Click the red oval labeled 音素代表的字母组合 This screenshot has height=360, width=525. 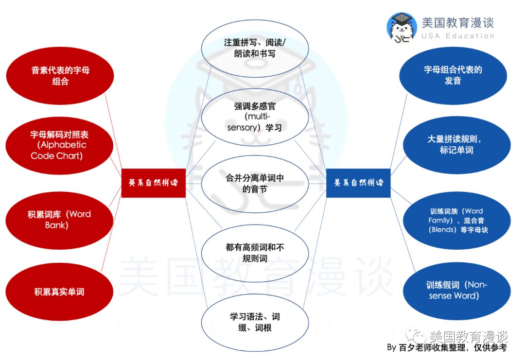pos(60,76)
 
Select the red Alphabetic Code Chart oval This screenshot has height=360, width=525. pos(60,145)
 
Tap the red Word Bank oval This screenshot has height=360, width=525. pos(60,220)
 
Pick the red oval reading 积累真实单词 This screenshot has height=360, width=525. pos(60,292)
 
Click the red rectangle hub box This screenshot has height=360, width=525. pos(153,183)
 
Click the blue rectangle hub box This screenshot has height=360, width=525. pos(358,183)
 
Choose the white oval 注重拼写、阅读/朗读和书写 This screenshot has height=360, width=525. pos(255,48)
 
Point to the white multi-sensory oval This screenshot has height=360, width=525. pos(255,117)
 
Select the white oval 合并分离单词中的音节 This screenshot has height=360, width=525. pos(255,184)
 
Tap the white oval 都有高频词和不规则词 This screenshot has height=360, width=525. pos(255,253)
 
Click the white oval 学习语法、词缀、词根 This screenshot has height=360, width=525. pos(255,322)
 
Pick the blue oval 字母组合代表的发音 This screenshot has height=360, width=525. pos(453,76)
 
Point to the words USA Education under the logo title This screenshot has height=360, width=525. pos(457,36)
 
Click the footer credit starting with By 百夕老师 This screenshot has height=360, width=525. pos(446,348)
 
